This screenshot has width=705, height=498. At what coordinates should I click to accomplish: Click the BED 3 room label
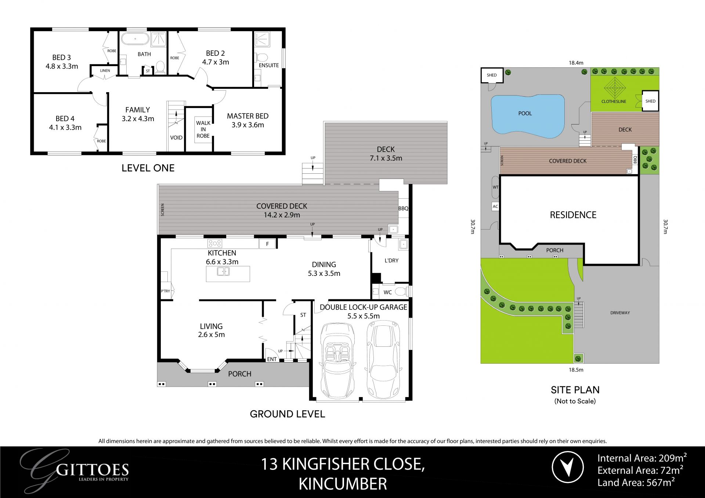coord(61,58)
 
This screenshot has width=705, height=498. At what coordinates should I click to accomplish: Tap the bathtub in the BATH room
coord(135,39)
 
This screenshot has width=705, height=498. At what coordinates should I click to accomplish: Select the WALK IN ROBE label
coord(203,129)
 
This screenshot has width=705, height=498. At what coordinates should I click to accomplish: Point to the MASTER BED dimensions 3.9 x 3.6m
coord(247,125)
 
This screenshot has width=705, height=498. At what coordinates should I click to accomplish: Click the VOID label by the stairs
coord(176,138)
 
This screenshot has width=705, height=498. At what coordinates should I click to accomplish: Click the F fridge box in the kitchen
coord(267,244)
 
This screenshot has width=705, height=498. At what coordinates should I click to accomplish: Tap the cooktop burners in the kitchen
coord(214,243)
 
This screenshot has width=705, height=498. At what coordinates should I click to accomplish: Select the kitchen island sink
coord(223,271)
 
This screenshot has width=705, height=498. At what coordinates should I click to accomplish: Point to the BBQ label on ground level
coord(403,209)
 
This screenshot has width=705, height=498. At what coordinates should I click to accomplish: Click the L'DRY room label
coord(391,260)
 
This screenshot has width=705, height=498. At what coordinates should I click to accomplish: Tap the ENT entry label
coord(272,359)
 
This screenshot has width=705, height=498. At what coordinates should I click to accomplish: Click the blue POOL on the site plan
coord(525,114)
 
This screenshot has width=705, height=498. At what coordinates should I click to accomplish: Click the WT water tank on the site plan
coord(495,187)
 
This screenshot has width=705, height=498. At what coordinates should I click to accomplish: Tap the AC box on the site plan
coord(495,206)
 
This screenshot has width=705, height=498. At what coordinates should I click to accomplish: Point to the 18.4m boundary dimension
coord(576,63)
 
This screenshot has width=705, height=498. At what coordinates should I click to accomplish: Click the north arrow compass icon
coord(568,467)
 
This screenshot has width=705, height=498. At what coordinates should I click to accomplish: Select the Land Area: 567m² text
coord(636,483)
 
